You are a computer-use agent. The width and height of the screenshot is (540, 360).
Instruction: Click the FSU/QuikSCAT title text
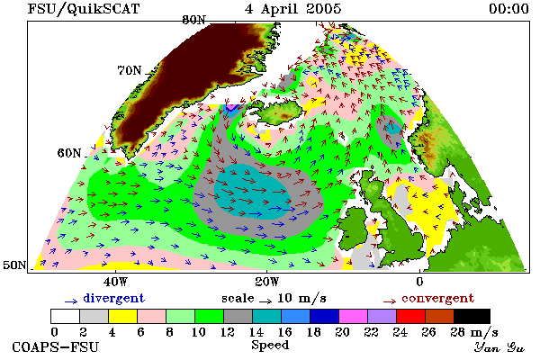coord(84,9)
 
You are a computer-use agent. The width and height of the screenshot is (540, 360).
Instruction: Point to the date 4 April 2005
coord(293,9)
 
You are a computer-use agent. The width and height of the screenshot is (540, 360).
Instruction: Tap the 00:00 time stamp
coord(508,9)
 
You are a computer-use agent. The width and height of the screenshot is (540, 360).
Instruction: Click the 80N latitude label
coord(194,20)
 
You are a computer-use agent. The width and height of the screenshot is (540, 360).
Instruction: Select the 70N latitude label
coord(130,70)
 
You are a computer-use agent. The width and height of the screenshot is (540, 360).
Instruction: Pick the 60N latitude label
coord(69,153)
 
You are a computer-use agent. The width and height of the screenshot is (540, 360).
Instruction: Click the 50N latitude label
coord(14,265)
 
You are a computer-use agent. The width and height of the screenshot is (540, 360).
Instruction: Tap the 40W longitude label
coord(115,282)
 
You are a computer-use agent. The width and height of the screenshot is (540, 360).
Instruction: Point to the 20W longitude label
coord(267,282)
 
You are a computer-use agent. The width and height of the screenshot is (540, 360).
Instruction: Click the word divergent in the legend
coord(114,298)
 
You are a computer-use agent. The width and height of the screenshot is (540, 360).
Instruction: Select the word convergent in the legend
coord(438,298)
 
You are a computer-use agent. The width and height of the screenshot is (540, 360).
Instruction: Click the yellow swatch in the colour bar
coord(122,316)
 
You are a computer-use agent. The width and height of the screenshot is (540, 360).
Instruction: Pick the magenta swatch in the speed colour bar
coord(354,316)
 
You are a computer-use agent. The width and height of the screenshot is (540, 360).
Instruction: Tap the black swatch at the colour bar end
coord(472,316)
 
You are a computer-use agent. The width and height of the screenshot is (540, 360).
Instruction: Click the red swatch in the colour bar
coord(411,316)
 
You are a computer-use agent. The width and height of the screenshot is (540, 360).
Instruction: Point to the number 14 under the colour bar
coord(256,332)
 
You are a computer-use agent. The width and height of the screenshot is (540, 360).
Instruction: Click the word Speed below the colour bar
coord(270,345)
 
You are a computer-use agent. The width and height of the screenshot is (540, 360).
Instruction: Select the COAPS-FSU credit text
coord(56,346)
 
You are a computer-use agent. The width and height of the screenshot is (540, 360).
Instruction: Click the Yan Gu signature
coord(499,346)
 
